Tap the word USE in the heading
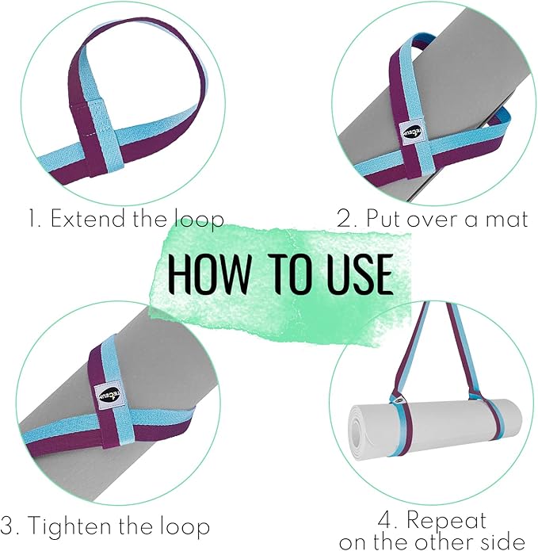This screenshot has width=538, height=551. pyautogui.click(x=354, y=274)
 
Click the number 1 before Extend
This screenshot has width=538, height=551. pyautogui.click(x=32, y=219)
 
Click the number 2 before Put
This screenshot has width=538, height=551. pyautogui.click(x=344, y=219)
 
